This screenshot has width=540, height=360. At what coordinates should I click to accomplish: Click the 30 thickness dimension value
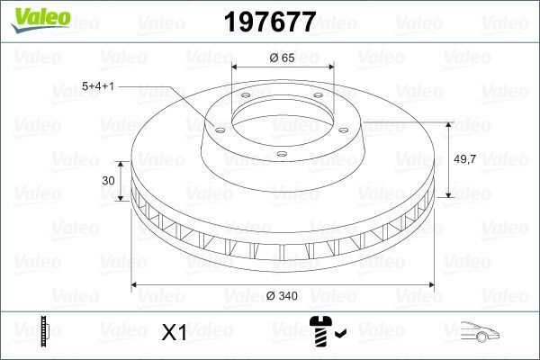[108, 181]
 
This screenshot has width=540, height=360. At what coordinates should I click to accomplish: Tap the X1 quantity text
[173, 333]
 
